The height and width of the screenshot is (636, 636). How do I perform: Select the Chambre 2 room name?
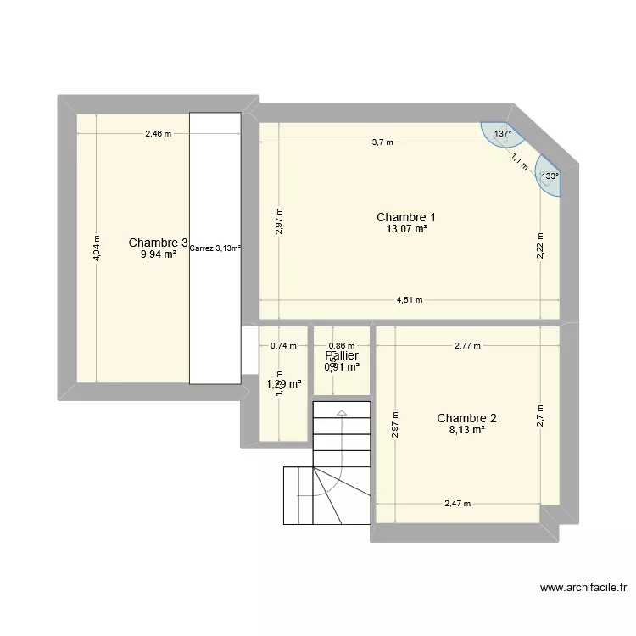(x=466, y=418)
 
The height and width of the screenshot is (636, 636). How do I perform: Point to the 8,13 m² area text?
(x=466, y=430)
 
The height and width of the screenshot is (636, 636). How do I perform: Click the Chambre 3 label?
(x=158, y=243)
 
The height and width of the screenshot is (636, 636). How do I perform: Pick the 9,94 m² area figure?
(x=158, y=254)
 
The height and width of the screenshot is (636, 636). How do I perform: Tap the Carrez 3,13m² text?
(x=215, y=248)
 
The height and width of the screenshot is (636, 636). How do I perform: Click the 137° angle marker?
(x=503, y=134)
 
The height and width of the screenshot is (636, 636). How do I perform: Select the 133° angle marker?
(x=550, y=176)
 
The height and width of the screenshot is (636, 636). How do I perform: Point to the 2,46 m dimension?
(x=158, y=133)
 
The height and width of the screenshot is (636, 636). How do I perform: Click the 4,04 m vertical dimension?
(x=97, y=248)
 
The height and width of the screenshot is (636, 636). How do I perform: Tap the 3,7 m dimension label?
(x=382, y=142)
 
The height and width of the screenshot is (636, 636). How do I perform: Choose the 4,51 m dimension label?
(x=410, y=300)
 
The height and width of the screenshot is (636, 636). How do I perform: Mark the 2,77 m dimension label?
(x=467, y=345)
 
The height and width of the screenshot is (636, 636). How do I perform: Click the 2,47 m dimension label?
(x=458, y=504)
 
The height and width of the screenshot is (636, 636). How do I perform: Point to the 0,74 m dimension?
(x=283, y=345)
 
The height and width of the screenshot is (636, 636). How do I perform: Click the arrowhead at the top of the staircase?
(x=342, y=413)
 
